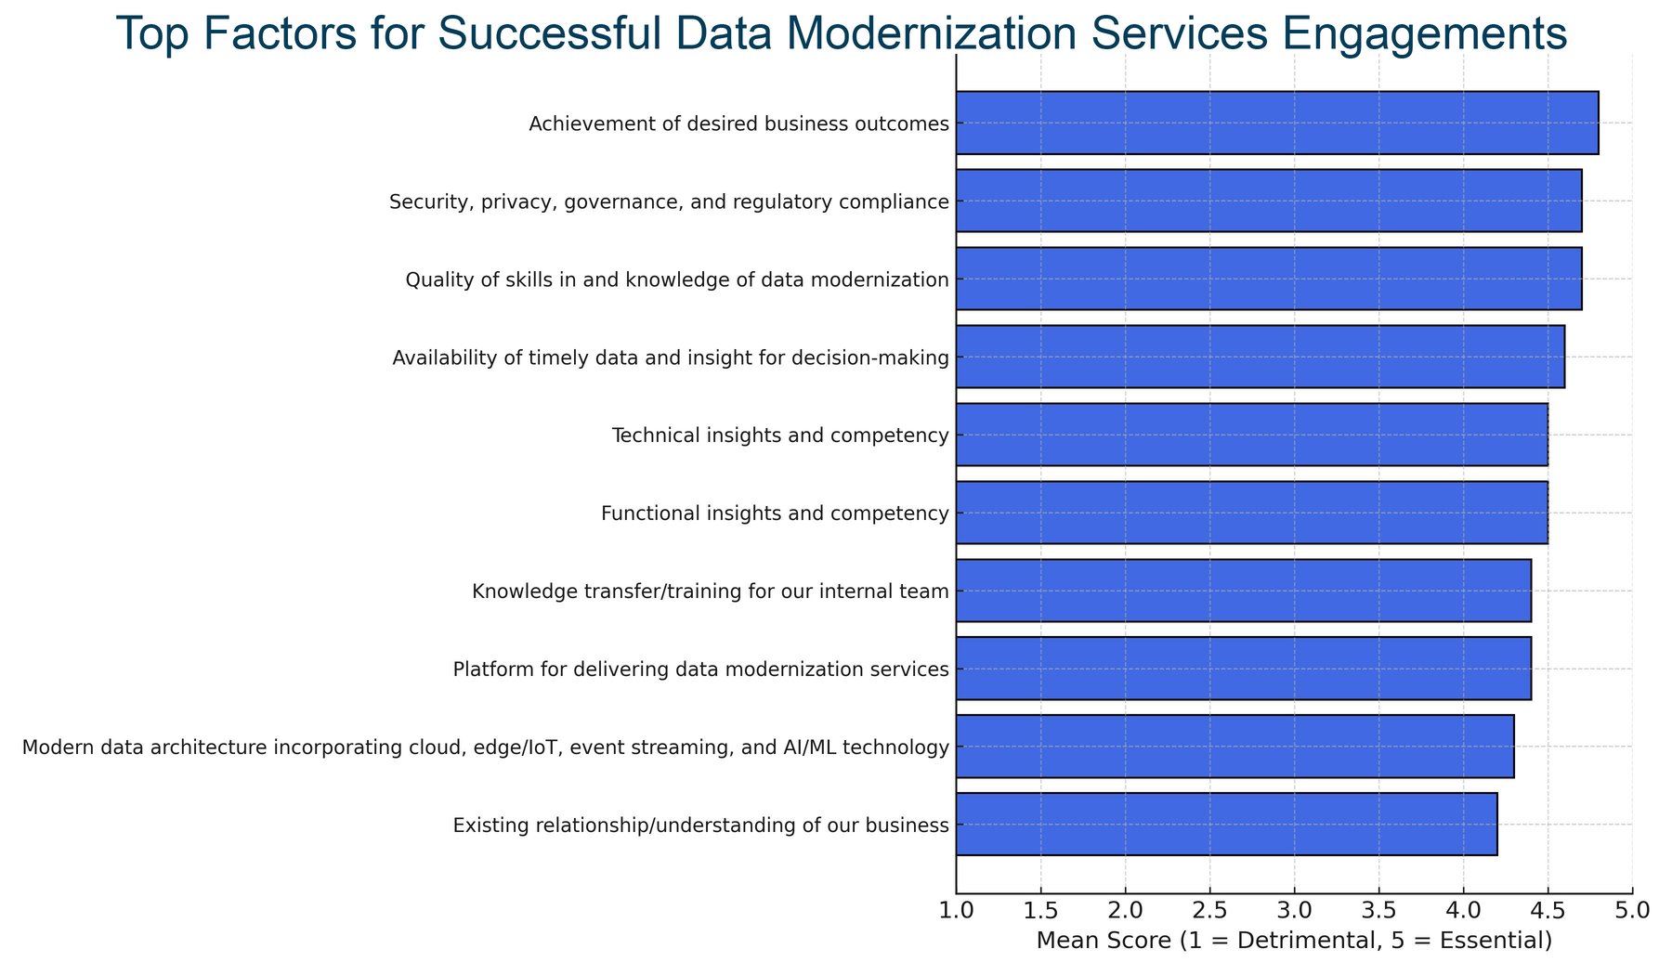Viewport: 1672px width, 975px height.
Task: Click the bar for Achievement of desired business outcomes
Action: point(1277,123)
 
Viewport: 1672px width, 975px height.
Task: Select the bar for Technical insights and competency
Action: point(1251,435)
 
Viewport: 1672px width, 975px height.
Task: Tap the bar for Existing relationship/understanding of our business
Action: point(1226,825)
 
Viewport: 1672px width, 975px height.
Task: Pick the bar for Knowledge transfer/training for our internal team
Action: point(1243,591)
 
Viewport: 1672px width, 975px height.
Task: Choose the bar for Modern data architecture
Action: point(1234,747)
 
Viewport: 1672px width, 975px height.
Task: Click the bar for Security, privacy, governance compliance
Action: point(1269,201)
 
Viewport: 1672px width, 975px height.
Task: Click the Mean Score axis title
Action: point(1294,942)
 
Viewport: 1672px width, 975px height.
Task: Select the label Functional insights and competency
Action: point(775,513)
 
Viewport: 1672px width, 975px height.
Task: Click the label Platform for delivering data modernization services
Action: point(700,669)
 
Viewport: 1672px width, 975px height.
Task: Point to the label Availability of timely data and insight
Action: point(671,357)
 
